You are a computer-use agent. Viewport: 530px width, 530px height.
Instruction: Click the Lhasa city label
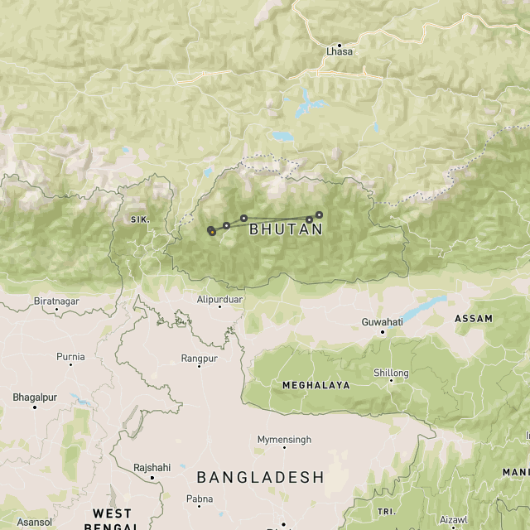[x=340, y=51]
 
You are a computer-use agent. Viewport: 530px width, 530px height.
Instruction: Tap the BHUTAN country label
[x=286, y=229]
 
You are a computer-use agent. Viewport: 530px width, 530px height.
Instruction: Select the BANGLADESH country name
[x=260, y=477]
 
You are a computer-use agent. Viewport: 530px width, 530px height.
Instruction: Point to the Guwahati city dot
[x=383, y=332]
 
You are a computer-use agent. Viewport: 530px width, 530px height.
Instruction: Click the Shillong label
[x=392, y=373]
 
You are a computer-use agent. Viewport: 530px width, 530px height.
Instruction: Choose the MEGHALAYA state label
[x=316, y=385]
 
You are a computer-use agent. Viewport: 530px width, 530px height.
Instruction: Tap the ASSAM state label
[x=473, y=319]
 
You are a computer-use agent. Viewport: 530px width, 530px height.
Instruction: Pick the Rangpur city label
[x=200, y=358]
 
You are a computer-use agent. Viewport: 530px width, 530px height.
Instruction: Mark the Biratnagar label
[x=56, y=301]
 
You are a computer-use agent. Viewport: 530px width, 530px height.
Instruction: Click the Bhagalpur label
[x=35, y=397]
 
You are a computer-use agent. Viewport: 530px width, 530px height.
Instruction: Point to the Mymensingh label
[x=284, y=439]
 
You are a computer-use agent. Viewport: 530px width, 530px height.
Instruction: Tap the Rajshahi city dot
[x=152, y=478]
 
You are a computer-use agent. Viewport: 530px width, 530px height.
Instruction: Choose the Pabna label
[x=200, y=499]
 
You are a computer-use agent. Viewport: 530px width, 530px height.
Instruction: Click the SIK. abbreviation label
[x=138, y=219]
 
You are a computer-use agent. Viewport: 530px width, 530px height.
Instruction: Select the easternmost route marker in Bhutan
[x=319, y=214]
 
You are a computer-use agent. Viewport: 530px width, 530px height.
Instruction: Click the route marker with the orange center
[x=213, y=232]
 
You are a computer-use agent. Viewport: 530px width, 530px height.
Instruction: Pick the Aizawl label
[x=454, y=520]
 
